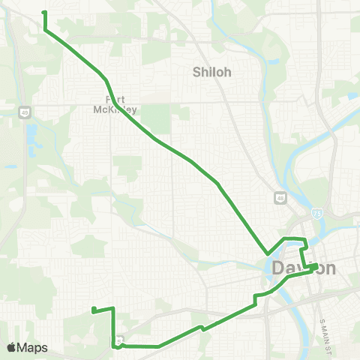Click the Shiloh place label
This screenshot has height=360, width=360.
pyautogui.click(x=212, y=72)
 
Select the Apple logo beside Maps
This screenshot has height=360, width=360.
pyautogui.click(x=11, y=347)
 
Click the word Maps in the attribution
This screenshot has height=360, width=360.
pyautogui.click(x=33, y=347)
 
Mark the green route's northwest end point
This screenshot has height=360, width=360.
pyautogui.click(x=43, y=13)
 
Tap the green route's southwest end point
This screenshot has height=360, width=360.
pyautogui.click(x=92, y=310)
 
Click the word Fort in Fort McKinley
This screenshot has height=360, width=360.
pyautogui.click(x=115, y=98)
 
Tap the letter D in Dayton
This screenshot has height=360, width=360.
pyautogui.click(x=276, y=268)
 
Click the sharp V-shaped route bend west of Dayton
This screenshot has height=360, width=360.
pyautogui.click(x=266, y=253)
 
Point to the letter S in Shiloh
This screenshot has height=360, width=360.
pyautogui.click(x=197, y=72)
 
